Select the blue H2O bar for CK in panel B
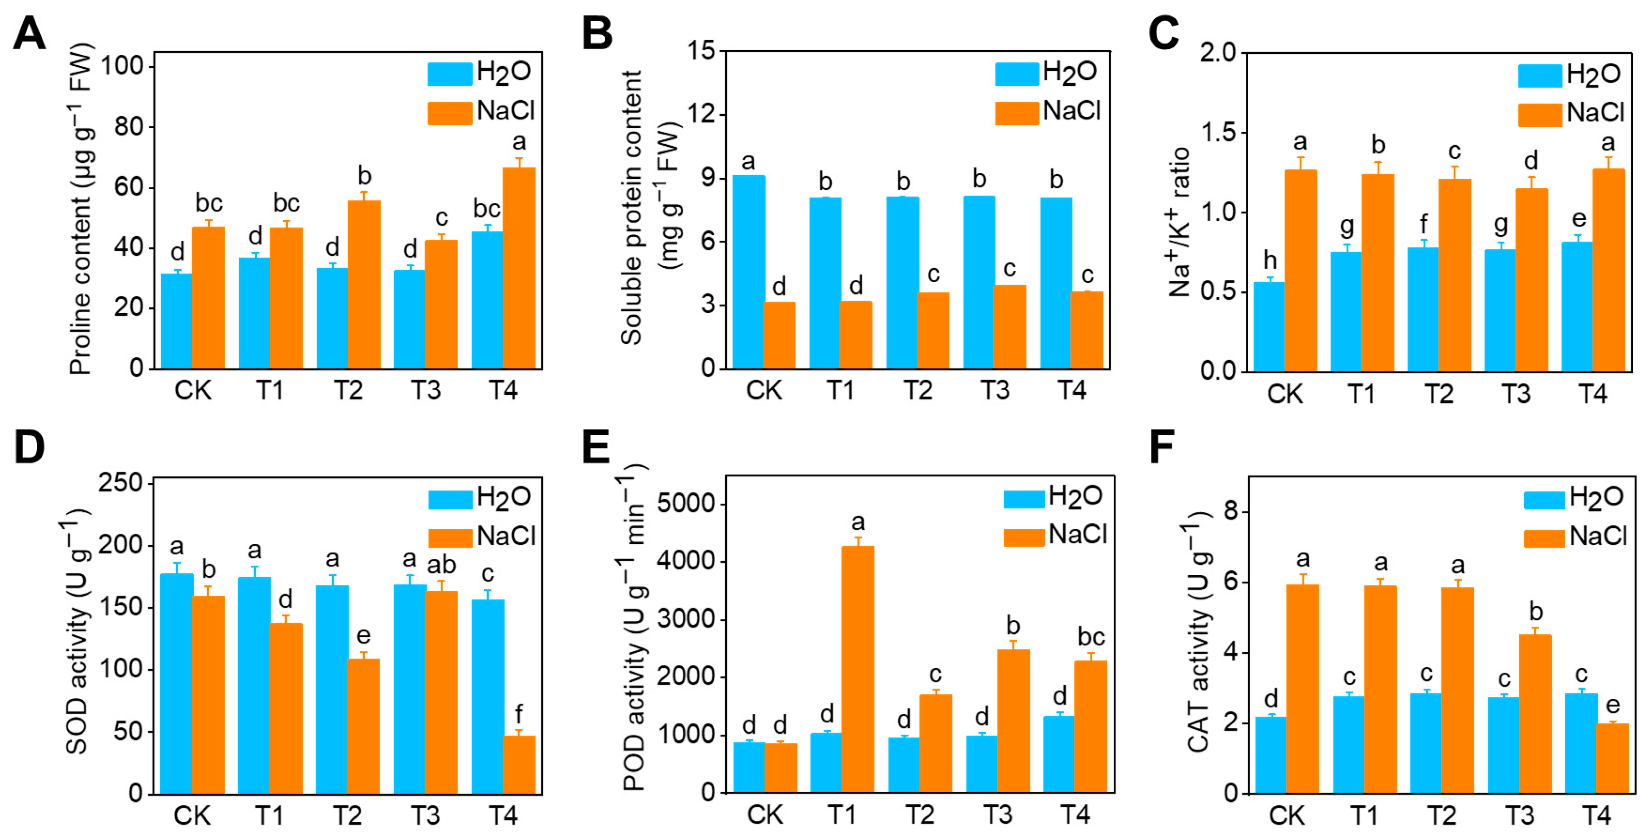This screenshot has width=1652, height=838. (x=749, y=272)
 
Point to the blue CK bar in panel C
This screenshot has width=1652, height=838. (x=1269, y=327)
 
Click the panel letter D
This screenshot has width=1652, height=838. (x=29, y=447)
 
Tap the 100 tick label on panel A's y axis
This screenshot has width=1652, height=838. (x=127, y=66)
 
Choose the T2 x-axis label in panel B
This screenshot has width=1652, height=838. (x=918, y=391)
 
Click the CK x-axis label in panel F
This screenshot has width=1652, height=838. (x=1286, y=816)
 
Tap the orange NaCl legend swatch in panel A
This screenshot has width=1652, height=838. (x=449, y=113)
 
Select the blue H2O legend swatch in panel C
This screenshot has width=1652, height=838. (x=1539, y=75)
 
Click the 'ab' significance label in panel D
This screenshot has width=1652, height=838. (x=441, y=565)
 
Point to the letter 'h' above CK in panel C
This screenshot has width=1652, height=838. (x=1270, y=260)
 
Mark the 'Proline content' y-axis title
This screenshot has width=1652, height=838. (x=82, y=209)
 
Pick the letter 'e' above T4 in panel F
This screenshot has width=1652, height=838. (x=1612, y=705)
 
